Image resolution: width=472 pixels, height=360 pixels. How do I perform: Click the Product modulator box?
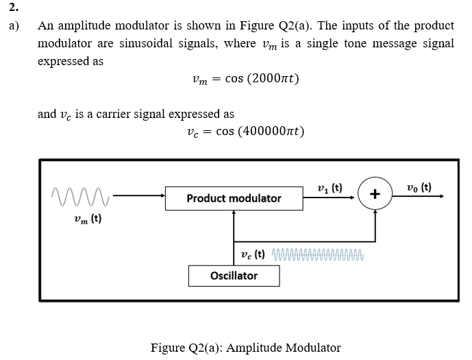[x=234, y=198]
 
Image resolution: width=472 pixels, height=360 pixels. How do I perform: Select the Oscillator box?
[x=234, y=276]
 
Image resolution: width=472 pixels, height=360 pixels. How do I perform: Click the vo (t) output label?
[x=419, y=187]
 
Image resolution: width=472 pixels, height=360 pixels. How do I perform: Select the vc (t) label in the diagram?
[x=254, y=255]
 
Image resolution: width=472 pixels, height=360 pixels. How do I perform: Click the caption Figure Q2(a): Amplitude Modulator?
[x=245, y=347]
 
